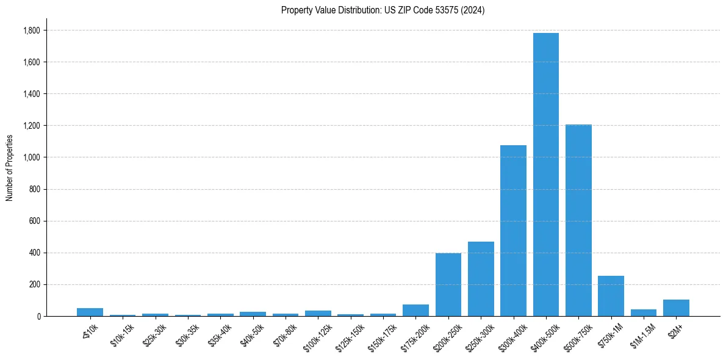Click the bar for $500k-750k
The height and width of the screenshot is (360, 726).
(x=578, y=220)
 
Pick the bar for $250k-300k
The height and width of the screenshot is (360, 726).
(x=481, y=279)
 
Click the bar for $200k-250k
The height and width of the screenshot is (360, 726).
(x=448, y=284)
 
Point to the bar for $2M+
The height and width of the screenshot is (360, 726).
(x=676, y=308)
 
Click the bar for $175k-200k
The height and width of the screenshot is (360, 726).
(x=415, y=311)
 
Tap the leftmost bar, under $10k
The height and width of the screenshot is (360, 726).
(x=90, y=312)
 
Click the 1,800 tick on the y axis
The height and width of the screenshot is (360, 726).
(x=31, y=31)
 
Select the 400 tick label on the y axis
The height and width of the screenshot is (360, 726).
(x=34, y=253)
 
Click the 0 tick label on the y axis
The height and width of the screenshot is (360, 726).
(x=38, y=316)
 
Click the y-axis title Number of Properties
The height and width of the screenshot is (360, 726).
(x=9, y=168)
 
